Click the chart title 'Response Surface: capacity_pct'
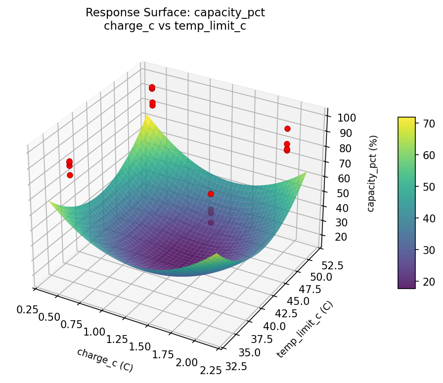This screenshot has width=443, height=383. (175, 13)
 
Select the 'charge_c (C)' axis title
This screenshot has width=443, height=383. (105, 360)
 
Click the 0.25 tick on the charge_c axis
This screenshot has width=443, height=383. (27, 309)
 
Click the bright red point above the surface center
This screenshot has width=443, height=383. (211, 194)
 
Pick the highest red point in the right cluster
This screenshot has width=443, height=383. (287, 129)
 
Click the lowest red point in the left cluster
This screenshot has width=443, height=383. (70, 175)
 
